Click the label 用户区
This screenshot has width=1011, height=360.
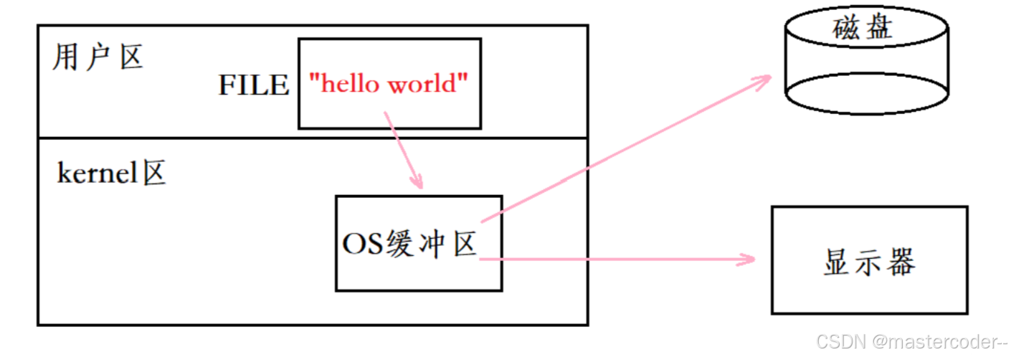pos(98,58)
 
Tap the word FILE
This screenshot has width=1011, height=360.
pos(254,85)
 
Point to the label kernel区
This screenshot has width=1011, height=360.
pos(111,174)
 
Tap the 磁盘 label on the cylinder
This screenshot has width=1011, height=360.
pos(863,29)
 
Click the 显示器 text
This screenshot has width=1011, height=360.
pos(869,262)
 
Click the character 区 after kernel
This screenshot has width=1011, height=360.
pos(154,174)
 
